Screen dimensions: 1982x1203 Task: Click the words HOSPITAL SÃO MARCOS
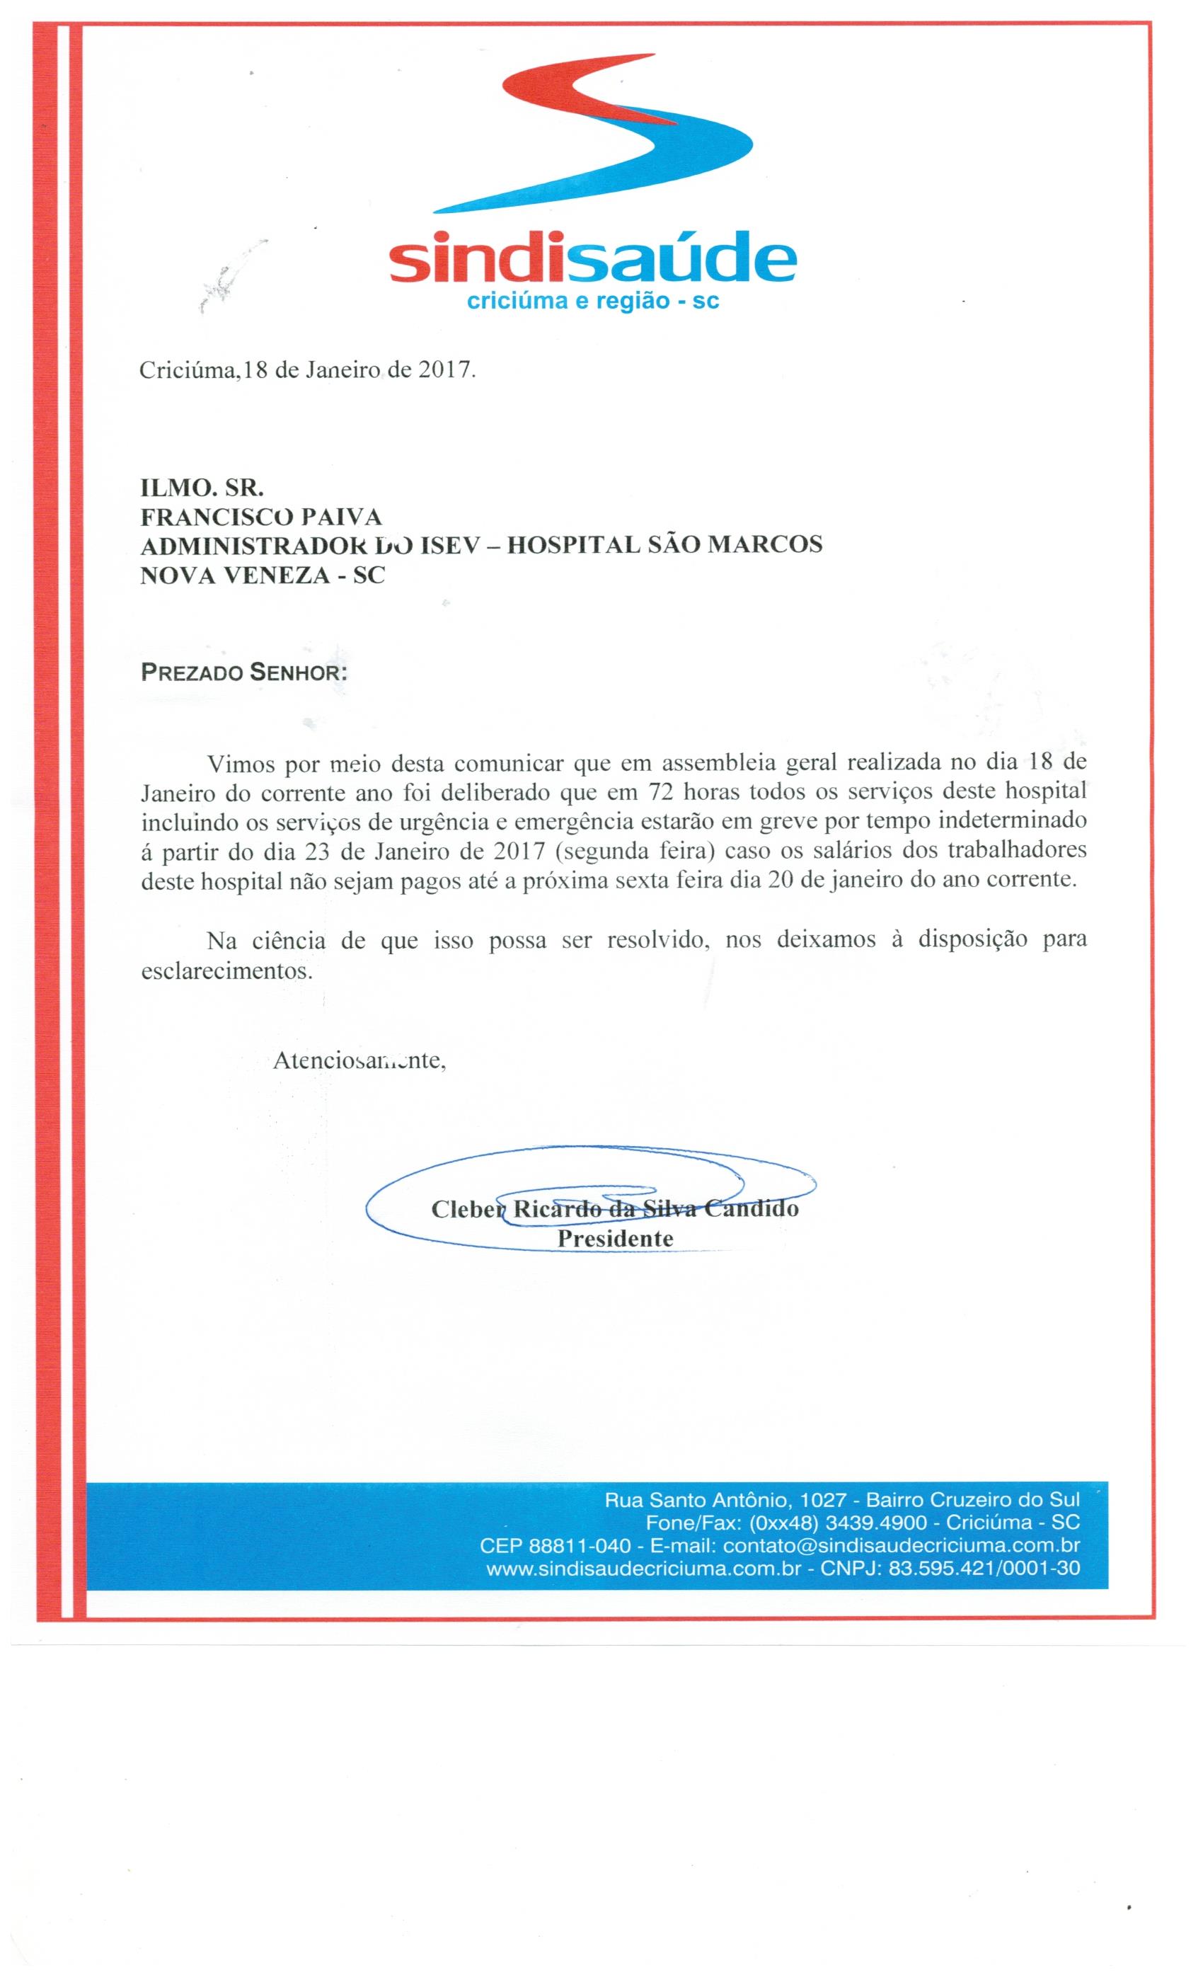point(666,544)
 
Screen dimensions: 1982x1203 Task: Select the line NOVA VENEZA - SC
point(262,574)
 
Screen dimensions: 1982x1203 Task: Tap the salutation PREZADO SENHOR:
point(243,672)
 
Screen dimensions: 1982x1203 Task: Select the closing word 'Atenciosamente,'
point(359,1060)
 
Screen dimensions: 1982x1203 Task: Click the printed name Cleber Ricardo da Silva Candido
point(614,1208)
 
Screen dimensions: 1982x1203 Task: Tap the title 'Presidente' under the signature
point(614,1238)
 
